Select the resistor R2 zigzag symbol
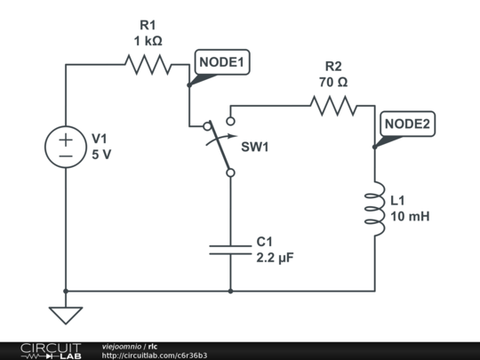click(333, 107)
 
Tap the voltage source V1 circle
click(67, 147)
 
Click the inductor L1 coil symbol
click(376, 210)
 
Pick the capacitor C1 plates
click(230, 248)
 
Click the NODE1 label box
click(223, 62)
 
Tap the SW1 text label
click(255, 147)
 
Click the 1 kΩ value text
click(148, 41)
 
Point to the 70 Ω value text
click(333, 82)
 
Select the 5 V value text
click(103, 154)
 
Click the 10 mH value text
click(411, 216)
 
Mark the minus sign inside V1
click(67, 156)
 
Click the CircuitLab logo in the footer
click(51, 350)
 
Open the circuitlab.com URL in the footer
click(155, 356)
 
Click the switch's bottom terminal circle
click(230, 173)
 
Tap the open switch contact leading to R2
click(230, 120)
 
